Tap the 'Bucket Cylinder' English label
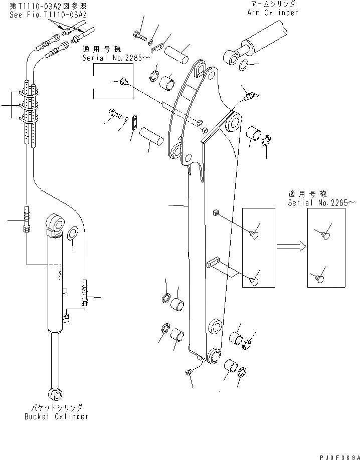coord(56,416)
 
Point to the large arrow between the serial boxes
coord(290,246)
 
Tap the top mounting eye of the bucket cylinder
coord(55,221)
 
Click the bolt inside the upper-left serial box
coord(123,81)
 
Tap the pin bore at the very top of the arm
coord(200,68)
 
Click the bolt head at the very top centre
coord(138,35)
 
